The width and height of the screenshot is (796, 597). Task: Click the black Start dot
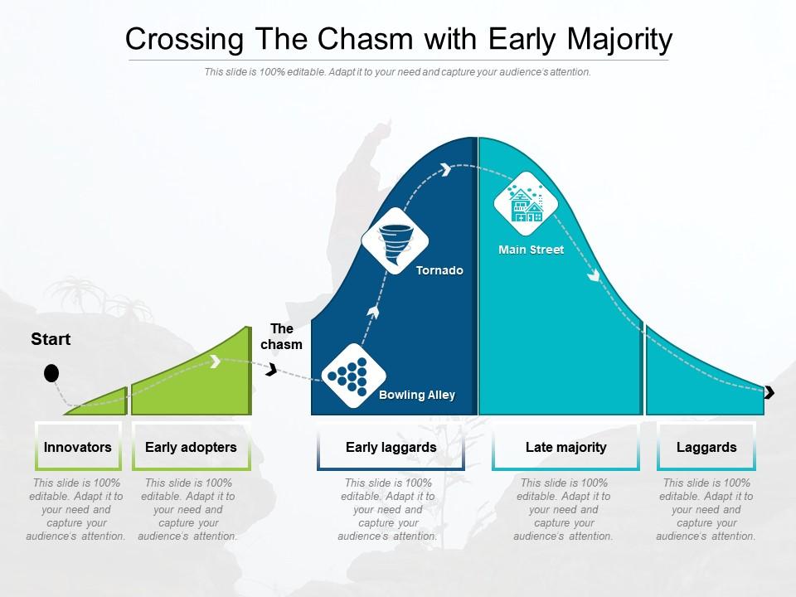pos(51,373)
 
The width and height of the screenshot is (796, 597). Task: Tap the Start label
pos(51,339)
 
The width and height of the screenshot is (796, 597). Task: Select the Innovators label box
pos(78,447)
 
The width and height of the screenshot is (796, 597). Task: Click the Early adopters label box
pos(191,447)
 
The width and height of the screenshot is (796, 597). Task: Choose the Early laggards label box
pos(391,447)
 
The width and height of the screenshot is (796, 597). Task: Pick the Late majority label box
pos(565,447)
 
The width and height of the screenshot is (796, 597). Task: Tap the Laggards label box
pos(706,447)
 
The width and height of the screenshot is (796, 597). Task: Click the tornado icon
pos(395,241)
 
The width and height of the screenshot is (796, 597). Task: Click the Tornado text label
pos(439,270)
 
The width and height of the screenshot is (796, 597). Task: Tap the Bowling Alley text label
pos(417,395)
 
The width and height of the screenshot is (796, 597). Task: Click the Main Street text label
pos(531,250)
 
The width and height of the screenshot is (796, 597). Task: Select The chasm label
pos(282,337)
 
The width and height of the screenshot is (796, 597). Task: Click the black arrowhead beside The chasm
pos(271,370)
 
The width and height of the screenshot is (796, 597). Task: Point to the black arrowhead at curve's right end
pos(769,392)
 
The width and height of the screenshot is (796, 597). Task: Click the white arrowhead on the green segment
pos(215,362)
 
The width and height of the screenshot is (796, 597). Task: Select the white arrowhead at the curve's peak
pos(446,169)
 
